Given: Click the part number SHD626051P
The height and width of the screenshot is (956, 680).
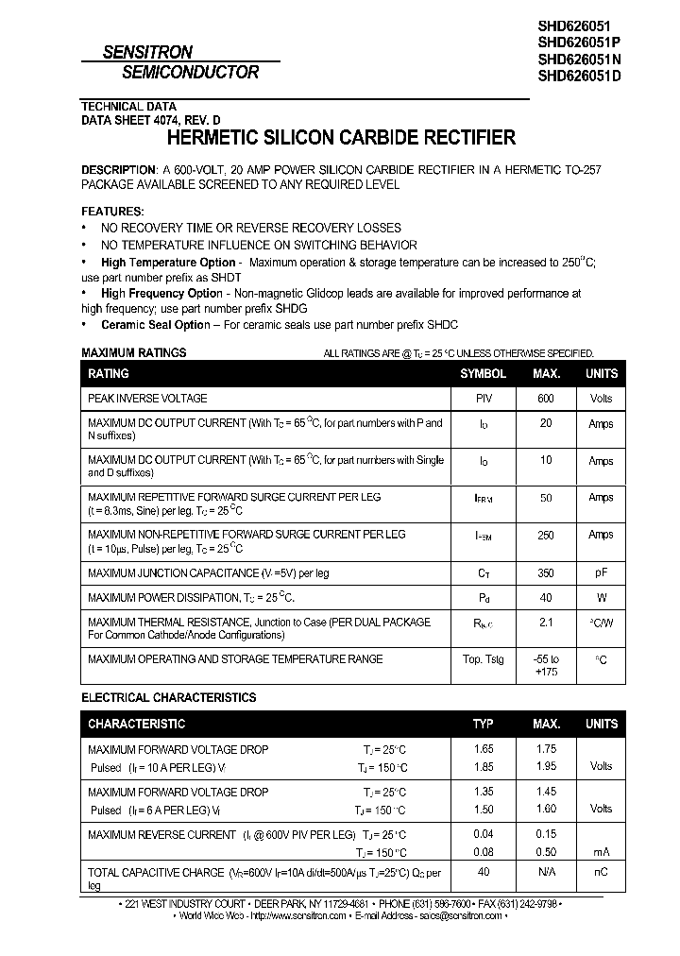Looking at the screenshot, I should pyautogui.click(x=579, y=43).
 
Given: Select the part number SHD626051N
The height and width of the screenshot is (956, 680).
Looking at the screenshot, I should pyautogui.click(x=579, y=60).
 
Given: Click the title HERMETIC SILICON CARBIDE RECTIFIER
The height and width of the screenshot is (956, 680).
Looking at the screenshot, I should pyautogui.click(x=341, y=138).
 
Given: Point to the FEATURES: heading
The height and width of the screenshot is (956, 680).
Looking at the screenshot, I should pyautogui.click(x=113, y=211).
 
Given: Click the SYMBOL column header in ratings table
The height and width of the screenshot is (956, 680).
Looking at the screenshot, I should pyautogui.click(x=483, y=374).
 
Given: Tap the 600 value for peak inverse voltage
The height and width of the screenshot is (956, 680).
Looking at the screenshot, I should pyautogui.click(x=546, y=399).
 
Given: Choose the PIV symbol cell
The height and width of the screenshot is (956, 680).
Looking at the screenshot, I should pyautogui.click(x=484, y=399).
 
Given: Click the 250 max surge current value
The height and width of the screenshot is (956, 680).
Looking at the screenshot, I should pyautogui.click(x=546, y=535).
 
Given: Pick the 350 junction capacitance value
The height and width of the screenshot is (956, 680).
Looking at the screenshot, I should pyautogui.click(x=546, y=573).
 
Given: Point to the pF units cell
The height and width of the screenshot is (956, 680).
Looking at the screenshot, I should pyautogui.click(x=601, y=573).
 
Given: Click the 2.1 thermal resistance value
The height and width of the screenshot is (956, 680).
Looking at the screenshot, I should pyautogui.click(x=546, y=623).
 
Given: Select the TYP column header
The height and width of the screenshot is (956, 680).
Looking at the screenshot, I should pyautogui.click(x=483, y=725).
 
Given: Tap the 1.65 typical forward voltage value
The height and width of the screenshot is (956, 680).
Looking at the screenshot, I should pyautogui.click(x=483, y=749).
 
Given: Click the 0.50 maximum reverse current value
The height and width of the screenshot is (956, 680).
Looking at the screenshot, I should pyautogui.click(x=546, y=852).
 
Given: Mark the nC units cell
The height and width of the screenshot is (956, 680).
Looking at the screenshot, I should pyautogui.click(x=601, y=873).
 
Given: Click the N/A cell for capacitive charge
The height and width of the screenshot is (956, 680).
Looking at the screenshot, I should pyautogui.click(x=546, y=873).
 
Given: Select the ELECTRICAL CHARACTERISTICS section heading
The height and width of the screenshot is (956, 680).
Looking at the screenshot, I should pyautogui.click(x=169, y=698).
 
